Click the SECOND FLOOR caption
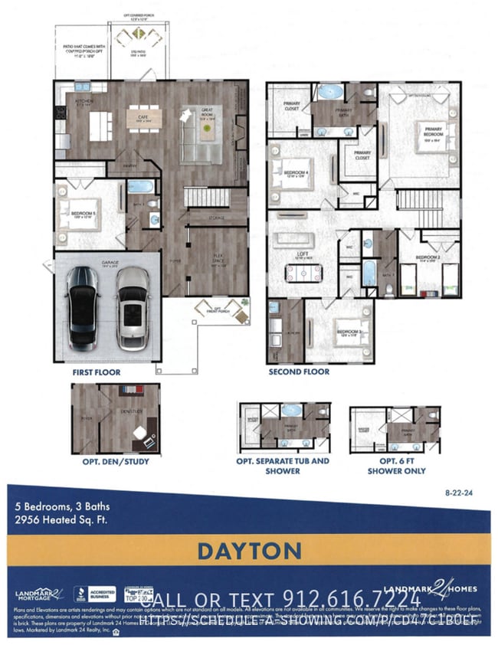coord(299,372)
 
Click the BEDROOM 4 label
coord(296,172)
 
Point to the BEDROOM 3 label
coord(348,331)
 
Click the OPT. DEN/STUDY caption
coord(116,462)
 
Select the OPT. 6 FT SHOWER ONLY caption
coord(397,466)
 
